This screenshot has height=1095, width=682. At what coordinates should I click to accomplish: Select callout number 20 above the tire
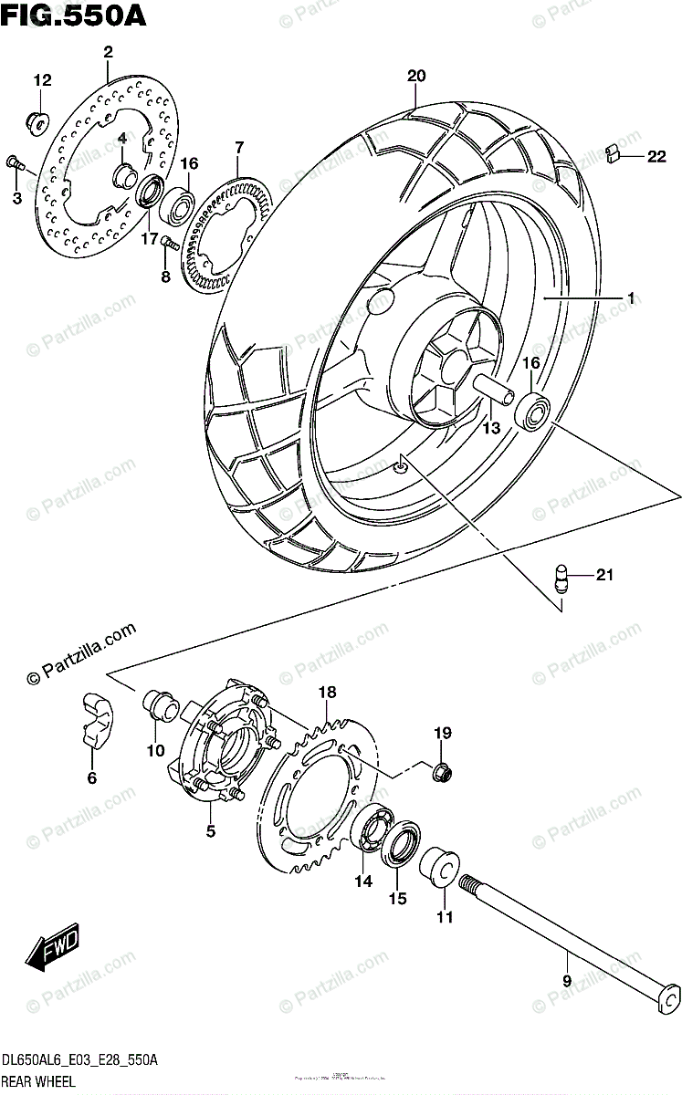(x=416, y=77)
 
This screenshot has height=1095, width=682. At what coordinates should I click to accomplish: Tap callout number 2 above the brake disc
(x=108, y=52)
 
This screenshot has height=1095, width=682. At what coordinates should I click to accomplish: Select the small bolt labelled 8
(x=168, y=243)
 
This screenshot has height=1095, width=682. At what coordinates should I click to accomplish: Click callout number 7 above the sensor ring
(x=238, y=146)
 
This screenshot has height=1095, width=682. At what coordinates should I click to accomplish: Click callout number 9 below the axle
(x=565, y=982)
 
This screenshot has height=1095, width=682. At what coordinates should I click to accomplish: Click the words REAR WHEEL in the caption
(x=37, y=1081)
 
